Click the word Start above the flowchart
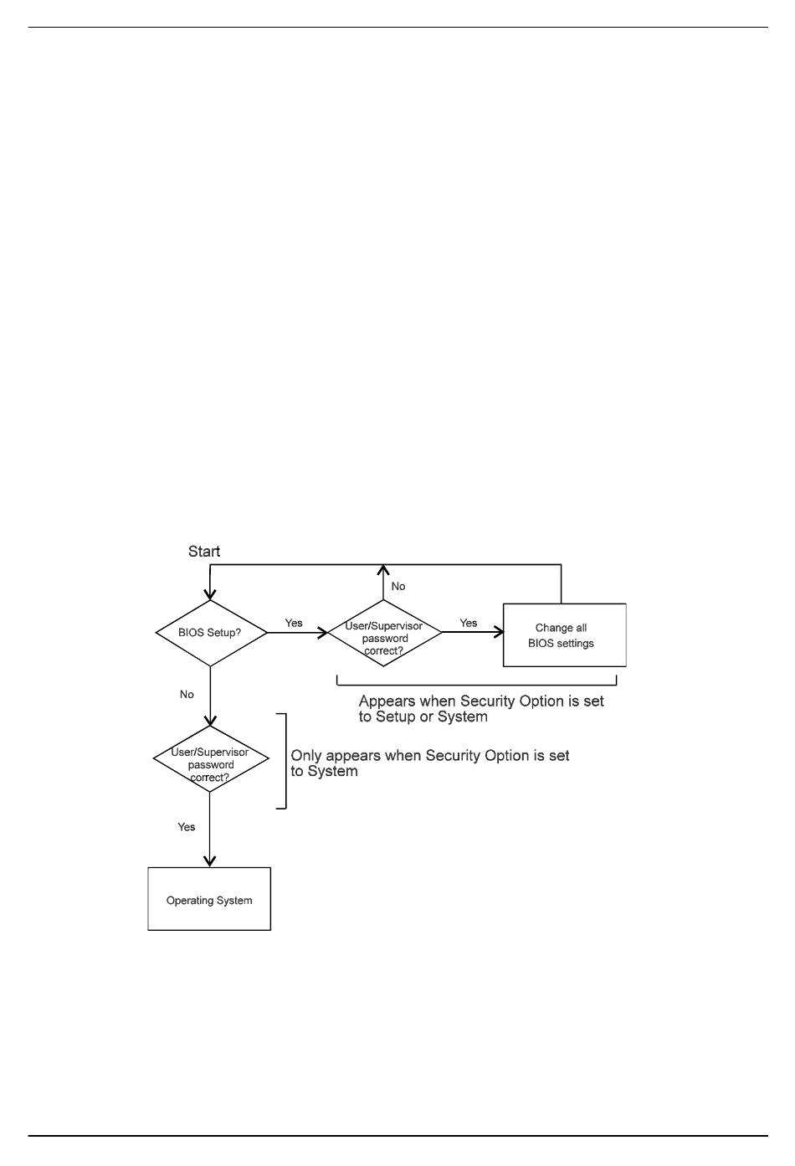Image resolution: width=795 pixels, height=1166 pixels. click(x=204, y=552)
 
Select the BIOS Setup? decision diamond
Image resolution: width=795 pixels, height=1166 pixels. click(x=211, y=633)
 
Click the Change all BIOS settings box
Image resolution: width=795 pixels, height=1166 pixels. click(x=564, y=635)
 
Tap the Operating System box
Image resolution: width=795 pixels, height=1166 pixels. click(x=209, y=900)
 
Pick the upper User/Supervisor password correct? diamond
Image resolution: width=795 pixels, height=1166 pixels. click(x=384, y=634)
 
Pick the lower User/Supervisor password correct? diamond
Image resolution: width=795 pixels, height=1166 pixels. click(x=211, y=759)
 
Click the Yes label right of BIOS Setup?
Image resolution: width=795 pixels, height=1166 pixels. click(x=294, y=623)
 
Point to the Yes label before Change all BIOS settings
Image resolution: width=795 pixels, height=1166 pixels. click(x=469, y=623)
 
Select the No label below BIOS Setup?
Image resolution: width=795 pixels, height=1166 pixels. click(x=187, y=694)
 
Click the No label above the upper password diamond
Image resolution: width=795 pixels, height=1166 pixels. click(x=398, y=586)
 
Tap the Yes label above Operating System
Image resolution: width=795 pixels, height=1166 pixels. click(x=187, y=827)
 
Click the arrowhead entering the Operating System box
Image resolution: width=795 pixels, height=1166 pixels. click(x=210, y=861)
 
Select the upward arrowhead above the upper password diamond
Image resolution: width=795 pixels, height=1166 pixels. click(x=383, y=571)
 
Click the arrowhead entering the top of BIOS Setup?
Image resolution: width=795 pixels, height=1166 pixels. click(x=210, y=593)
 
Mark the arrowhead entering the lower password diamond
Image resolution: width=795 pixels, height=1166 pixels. click(x=210, y=719)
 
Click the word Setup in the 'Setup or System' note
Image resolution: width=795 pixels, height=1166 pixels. click(x=396, y=717)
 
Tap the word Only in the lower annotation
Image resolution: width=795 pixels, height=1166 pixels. click(x=306, y=756)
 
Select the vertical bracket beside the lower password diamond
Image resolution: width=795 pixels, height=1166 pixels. click(x=285, y=761)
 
